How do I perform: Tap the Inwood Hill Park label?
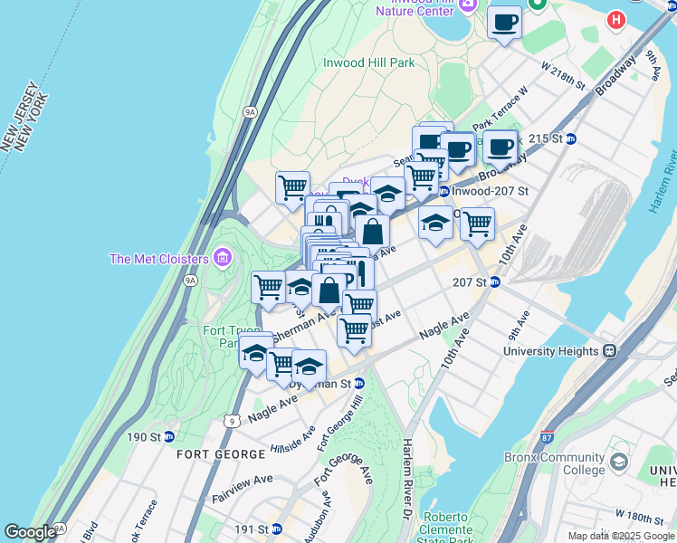click(368, 63)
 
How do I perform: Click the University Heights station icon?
click(611, 350)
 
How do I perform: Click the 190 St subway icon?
click(168, 436)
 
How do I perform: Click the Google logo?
click(30, 532)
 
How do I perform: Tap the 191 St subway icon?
click(277, 529)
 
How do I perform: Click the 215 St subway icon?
click(571, 138)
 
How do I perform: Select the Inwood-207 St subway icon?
click(443, 191)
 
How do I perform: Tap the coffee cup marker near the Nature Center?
click(504, 22)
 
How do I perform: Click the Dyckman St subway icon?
click(359, 383)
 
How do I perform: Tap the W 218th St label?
click(563, 73)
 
